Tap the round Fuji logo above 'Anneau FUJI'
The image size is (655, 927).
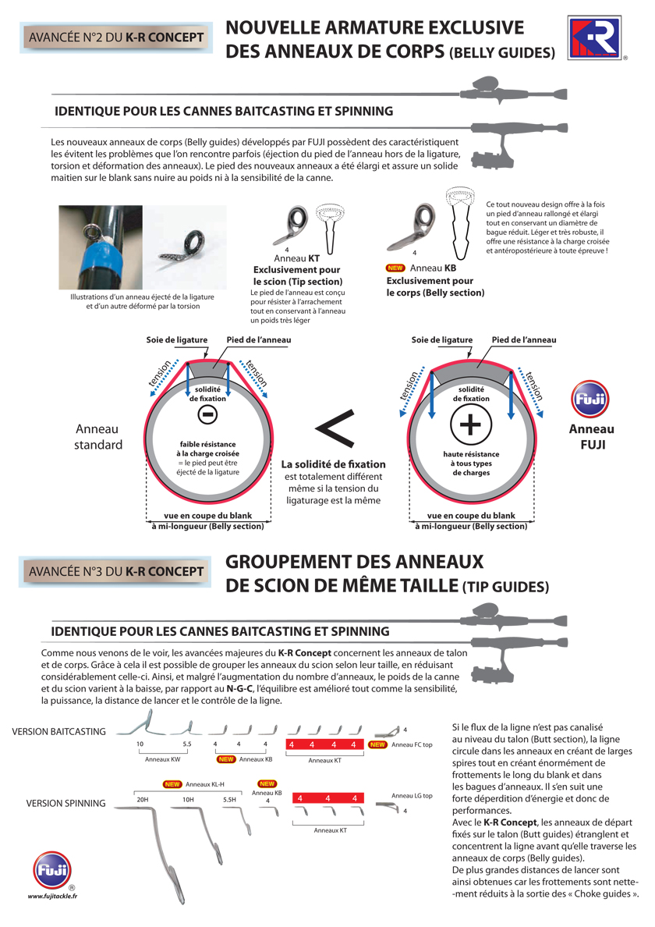tap(591, 400)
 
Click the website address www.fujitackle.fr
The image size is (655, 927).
tap(52, 896)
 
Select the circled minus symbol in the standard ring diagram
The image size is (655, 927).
tap(207, 415)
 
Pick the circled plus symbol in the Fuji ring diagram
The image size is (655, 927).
tap(470, 426)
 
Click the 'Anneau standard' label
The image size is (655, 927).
tap(98, 437)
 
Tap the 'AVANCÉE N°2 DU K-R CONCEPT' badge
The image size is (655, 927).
tap(115, 37)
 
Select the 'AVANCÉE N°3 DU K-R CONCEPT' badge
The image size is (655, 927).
tap(115, 571)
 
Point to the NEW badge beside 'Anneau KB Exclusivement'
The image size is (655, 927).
tap(395, 268)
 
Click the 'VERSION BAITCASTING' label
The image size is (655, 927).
tap(59, 731)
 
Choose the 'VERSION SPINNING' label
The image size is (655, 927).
tap(65, 802)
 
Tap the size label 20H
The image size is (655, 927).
tap(142, 800)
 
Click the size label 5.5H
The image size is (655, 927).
tap(228, 800)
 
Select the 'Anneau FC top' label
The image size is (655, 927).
tap(412, 744)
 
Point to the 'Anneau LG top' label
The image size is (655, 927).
tap(412, 795)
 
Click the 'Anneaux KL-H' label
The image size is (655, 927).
tap(205, 783)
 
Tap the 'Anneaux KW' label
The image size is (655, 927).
tap(163, 758)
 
